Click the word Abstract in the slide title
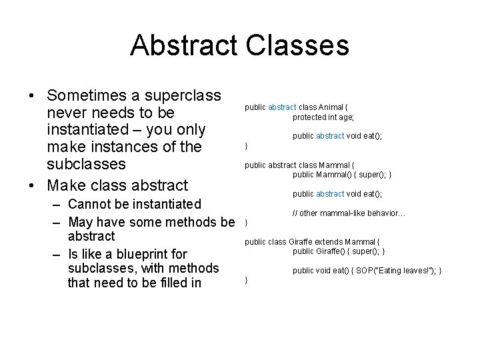pyautogui.click(x=184, y=45)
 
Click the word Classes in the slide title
pyautogui.click(x=297, y=45)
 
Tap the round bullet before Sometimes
pyautogui.click(x=32, y=95)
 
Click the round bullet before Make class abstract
pyautogui.click(x=32, y=185)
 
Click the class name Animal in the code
pyautogui.click(x=331, y=107)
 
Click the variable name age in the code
pyautogui.click(x=347, y=117)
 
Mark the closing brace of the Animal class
pyautogui.click(x=247, y=146)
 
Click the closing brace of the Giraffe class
pyautogui.click(x=247, y=281)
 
